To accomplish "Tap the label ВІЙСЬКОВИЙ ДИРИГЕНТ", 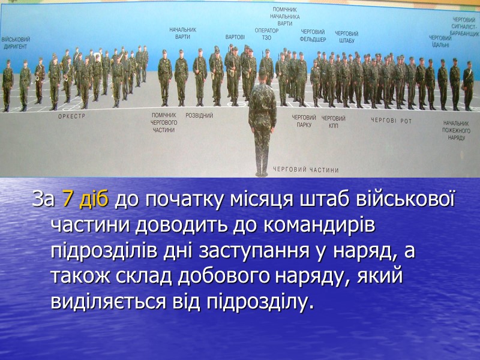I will coord(16,43).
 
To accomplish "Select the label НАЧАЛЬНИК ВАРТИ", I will coord(182,33).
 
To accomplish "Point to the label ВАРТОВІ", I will coord(235,37).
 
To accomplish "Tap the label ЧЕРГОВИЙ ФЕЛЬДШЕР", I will coord(313,35).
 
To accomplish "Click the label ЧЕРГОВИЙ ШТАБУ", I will coord(347,37).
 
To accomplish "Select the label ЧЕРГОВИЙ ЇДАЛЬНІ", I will coord(440,41).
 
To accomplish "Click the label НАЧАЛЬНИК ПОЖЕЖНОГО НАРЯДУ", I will coord(454,130).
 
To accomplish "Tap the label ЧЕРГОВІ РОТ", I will coord(391,120).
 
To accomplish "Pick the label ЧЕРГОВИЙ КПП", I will coord(333,122).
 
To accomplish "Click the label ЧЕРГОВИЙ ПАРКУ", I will coord(304,122).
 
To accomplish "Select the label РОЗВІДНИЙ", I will coord(199,115).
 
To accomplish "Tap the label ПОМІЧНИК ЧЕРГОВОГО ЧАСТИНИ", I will coord(163,122).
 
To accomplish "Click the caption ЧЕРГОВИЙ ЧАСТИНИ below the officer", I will coord(306,170).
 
